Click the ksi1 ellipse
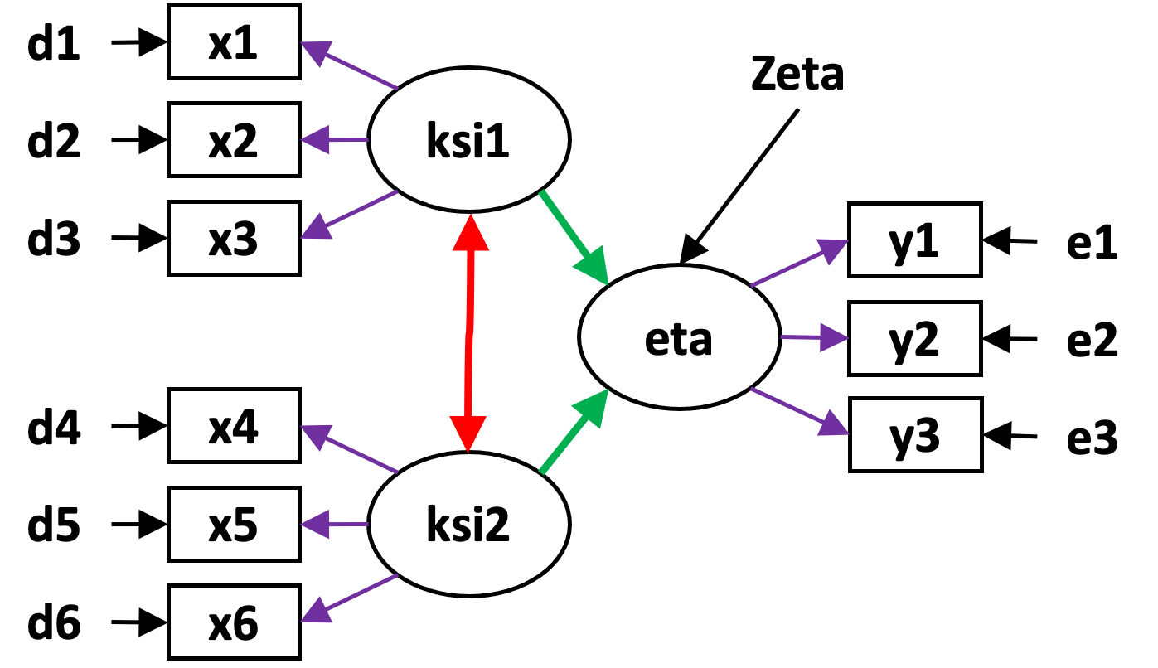pos(468,142)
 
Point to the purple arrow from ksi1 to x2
pos(335,141)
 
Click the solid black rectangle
pos(955,586)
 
